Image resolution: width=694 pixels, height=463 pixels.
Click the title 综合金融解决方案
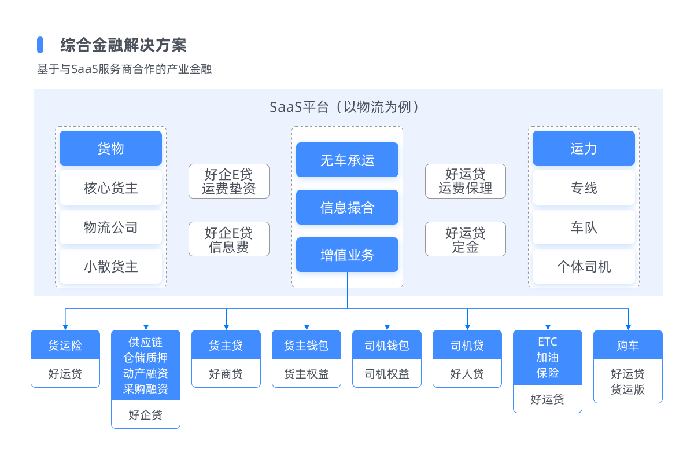123,45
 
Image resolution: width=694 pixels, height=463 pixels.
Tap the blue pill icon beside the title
40,45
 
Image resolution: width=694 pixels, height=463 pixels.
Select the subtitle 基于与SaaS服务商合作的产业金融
124,69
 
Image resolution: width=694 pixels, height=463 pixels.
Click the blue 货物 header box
110,148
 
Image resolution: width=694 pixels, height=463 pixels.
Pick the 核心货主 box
110,188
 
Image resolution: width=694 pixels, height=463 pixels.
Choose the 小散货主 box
110,267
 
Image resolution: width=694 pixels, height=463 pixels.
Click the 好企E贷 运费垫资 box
228,181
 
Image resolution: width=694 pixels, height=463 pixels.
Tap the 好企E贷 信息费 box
228,239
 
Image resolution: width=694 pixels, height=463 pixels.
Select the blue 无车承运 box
347,160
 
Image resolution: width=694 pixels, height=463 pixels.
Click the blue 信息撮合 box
347,207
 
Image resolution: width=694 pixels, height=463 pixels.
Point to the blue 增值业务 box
347,255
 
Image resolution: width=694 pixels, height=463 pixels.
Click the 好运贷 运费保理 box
465,181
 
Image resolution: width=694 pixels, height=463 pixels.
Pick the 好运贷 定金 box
465,239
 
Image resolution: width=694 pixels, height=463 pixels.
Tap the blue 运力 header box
584,148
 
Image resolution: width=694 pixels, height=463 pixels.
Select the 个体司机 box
584,267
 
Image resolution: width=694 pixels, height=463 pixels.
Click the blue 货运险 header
65,346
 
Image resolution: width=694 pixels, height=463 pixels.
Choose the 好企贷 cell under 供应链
146,414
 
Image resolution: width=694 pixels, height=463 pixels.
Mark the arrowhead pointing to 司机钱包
387,327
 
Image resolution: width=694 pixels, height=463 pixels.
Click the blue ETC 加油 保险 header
547,357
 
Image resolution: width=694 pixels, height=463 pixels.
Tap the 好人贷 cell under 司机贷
467,374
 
